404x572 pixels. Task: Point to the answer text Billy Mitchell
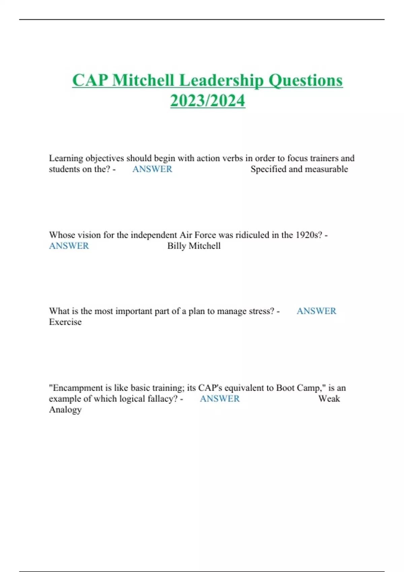click(x=194, y=246)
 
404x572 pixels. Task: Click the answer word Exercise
click(x=65, y=322)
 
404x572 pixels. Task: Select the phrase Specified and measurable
click(x=299, y=169)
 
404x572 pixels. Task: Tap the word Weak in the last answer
click(x=329, y=399)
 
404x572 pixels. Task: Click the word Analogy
click(x=65, y=410)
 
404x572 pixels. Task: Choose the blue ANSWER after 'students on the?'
click(x=152, y=169)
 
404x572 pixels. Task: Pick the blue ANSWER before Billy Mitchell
click(x=69, y=246)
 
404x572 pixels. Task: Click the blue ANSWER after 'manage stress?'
click(x=316, y=311)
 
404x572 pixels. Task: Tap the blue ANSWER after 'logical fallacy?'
click(x=220, y=399)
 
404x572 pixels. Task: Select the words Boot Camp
click(x=298, y=388)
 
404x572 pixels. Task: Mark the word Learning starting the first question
click(x=66, y=158)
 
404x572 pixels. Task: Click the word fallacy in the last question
click(x=161, y=399)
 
